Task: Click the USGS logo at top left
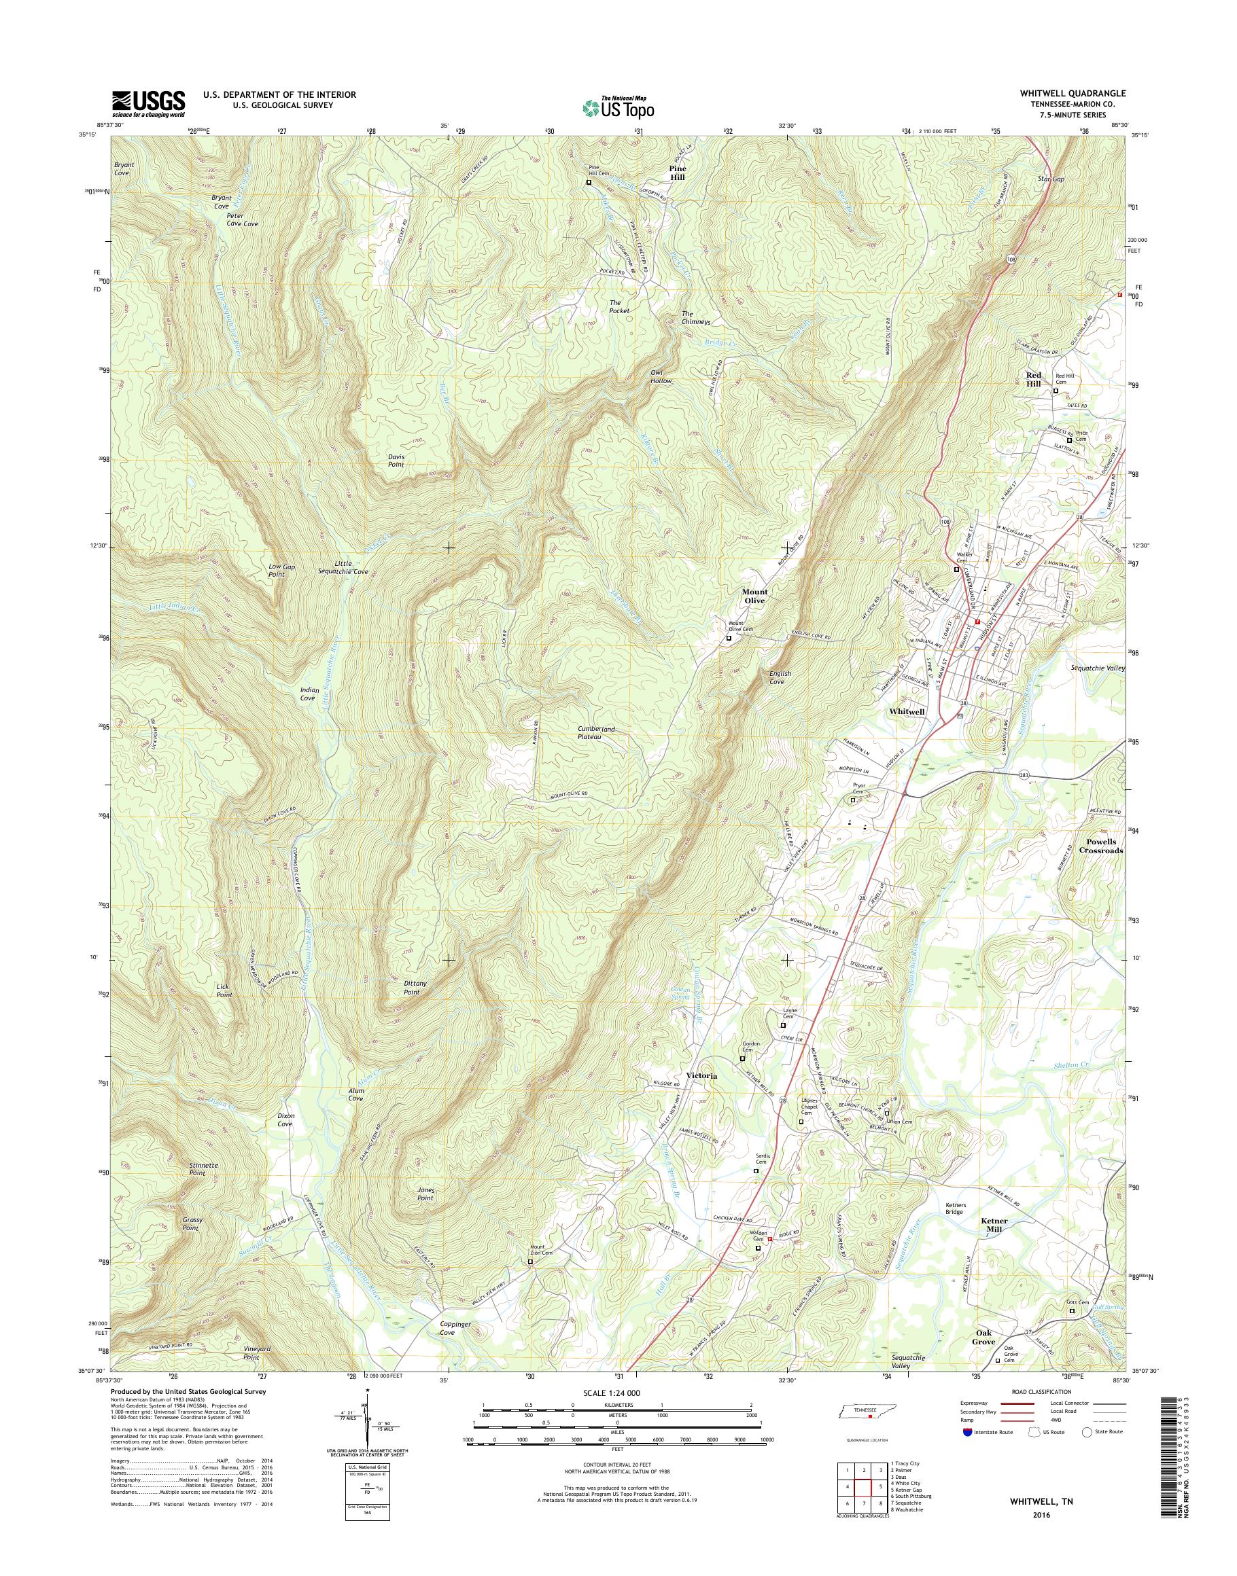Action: [147, 103]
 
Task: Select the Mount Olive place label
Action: [754, 596]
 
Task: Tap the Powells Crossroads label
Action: [1104, 846]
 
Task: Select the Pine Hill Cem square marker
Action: [588, 183]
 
